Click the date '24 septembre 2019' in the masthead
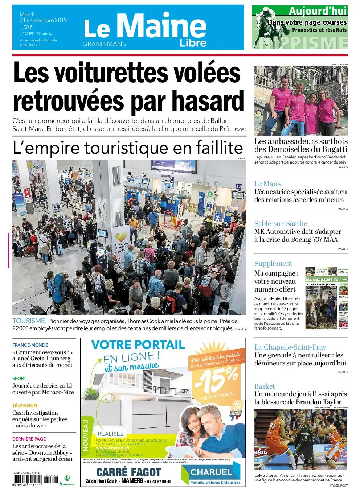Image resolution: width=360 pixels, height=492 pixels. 43,21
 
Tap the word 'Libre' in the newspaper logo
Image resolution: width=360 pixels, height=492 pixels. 193,43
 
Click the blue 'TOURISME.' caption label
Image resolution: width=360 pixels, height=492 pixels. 29,321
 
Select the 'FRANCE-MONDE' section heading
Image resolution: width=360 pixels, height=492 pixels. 30,345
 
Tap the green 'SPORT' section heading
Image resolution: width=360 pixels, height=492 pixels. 19,378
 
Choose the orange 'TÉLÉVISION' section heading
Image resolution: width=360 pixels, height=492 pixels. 25,406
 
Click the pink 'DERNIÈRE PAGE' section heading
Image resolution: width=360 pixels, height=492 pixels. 29,439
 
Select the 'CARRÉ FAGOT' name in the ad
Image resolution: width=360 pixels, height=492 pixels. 128,472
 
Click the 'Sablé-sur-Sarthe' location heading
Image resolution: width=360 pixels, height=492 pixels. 281,224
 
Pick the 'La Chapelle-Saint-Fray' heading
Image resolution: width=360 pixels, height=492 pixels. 290,347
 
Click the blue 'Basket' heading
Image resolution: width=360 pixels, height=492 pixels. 265,386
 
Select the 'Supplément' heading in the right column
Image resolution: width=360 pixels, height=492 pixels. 273,264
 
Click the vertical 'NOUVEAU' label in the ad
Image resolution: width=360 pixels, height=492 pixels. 86,435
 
